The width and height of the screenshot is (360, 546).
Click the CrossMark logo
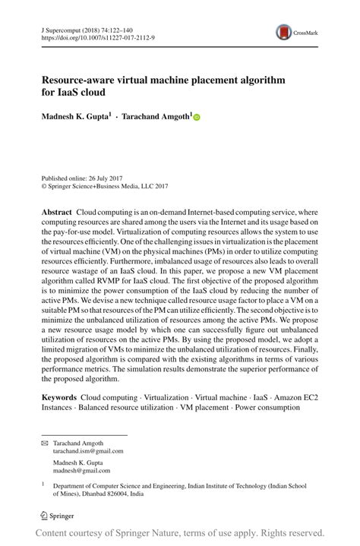click(285, 32)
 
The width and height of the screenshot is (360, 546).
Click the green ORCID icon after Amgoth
click(195, 117)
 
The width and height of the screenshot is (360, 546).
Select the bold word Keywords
click(58, 397)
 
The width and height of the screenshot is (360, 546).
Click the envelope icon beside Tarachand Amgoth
click(44, 443)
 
